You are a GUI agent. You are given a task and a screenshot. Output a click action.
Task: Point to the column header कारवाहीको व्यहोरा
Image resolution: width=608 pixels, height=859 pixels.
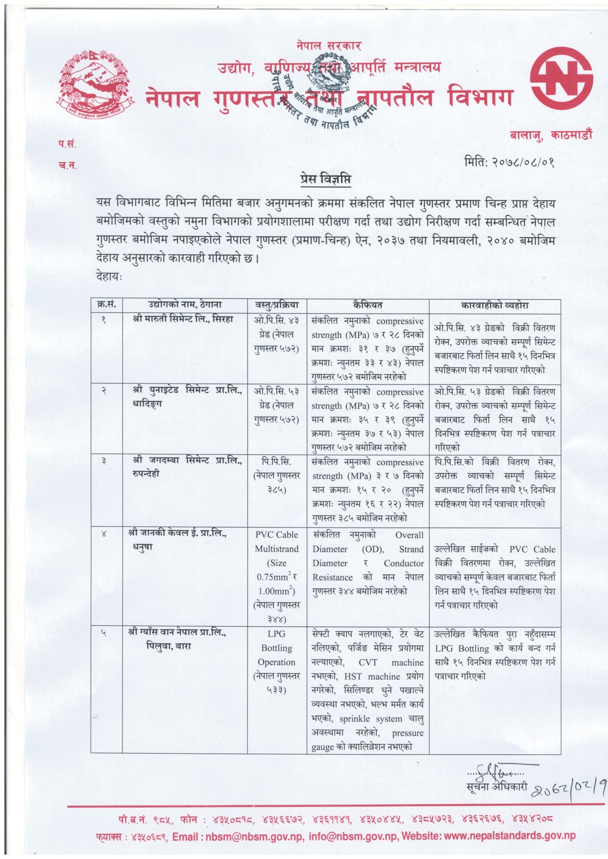pos(495,305)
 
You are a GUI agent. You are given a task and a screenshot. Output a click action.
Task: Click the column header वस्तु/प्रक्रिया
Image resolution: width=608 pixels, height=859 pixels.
pos(277,305)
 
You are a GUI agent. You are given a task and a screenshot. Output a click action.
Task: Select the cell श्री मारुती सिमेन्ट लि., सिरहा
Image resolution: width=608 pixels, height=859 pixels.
pos(183,319)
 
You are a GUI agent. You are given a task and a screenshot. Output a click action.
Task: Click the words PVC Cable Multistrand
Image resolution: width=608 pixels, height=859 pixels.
pos(277,542)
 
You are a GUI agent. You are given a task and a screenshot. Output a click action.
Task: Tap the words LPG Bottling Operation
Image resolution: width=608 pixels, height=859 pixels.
pos(277,648)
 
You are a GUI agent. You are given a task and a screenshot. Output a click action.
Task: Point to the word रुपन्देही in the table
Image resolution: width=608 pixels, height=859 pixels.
pos(146,474)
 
